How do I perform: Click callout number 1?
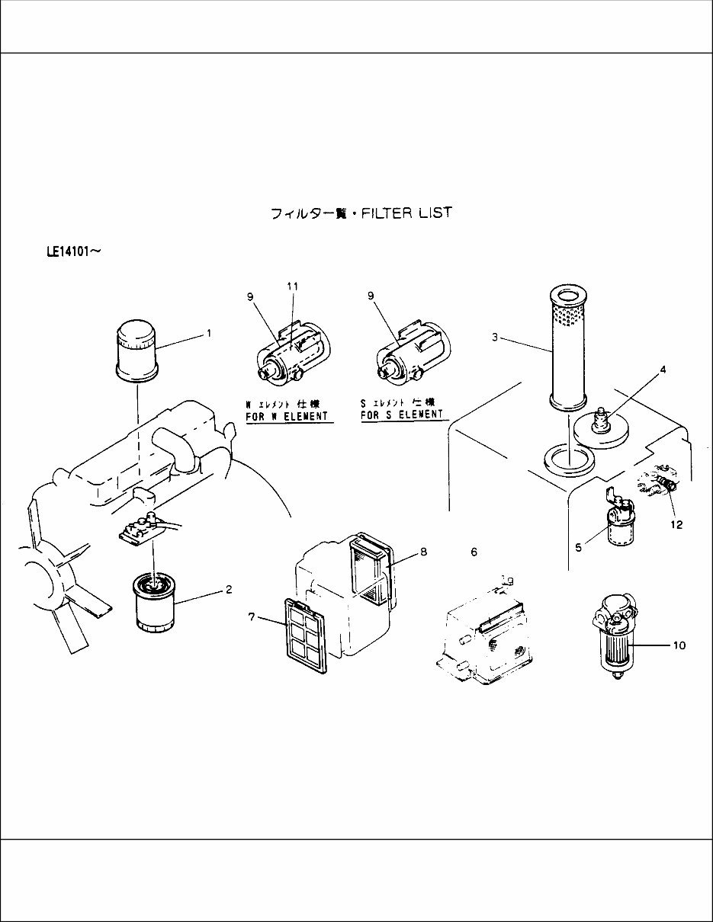point(208,334)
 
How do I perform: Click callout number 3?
point(494,338)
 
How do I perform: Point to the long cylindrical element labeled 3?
point(567,347)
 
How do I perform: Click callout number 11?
point(292,286)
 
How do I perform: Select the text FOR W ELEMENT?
point(286,416)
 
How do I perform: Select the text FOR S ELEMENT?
point(401,415)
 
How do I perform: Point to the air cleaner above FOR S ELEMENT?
point(409,354)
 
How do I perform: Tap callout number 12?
point(676,524)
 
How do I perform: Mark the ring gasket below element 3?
point(568,459)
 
